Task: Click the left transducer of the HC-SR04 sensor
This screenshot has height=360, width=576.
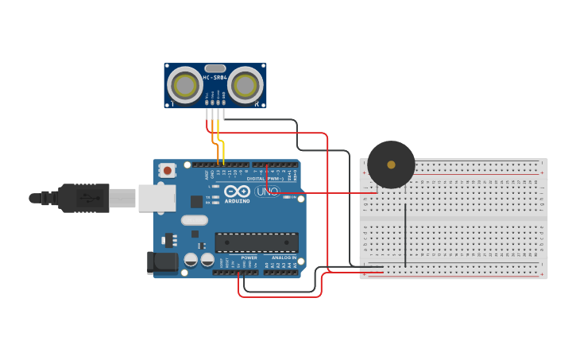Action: [x=185, y=85]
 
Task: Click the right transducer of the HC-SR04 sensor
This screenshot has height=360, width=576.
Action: [x=245, y=85]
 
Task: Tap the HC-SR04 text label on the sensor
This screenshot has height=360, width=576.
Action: [x=215, y=78]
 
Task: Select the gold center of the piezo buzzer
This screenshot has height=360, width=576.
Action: [x=391, y=165]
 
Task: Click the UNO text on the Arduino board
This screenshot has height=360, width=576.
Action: [x=268, y=192]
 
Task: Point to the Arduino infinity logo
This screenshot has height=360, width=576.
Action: [x=237, y=192]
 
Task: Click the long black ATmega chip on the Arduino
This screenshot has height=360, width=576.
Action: [x=257, y=242]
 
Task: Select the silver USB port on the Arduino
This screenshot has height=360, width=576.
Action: [x=157, y=198]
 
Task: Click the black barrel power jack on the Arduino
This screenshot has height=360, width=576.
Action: [x=162, y=262]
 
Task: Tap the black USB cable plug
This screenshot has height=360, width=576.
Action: [x=83, y=198]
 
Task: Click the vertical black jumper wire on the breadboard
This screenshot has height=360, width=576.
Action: [x=405, y=234]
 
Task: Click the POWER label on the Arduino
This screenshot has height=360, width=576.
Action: [x=249, y=257]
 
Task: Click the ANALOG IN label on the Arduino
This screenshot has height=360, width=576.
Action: [x=284, y=257]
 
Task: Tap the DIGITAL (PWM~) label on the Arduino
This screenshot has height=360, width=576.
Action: [x=263, y=179]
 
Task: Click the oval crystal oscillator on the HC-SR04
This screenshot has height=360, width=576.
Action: [x=215, y=68]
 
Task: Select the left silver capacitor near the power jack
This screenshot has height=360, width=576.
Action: [x=191, y=259]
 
